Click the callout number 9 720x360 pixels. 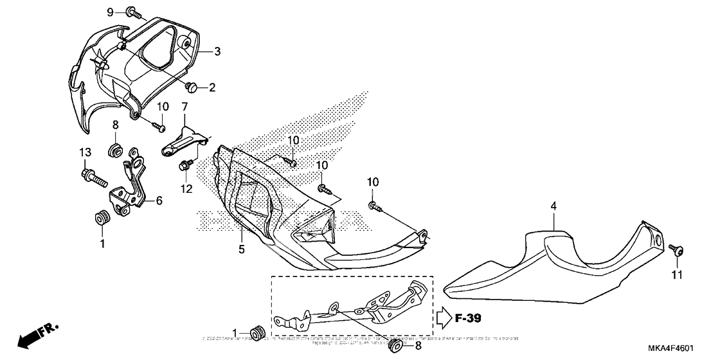point(110,12)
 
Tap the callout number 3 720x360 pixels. point(217,51)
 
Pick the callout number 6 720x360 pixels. point(159,200)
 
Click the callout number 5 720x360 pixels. point(242,249)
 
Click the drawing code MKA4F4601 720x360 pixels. point(669,348)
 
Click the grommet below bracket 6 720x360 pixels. point(101,217)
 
